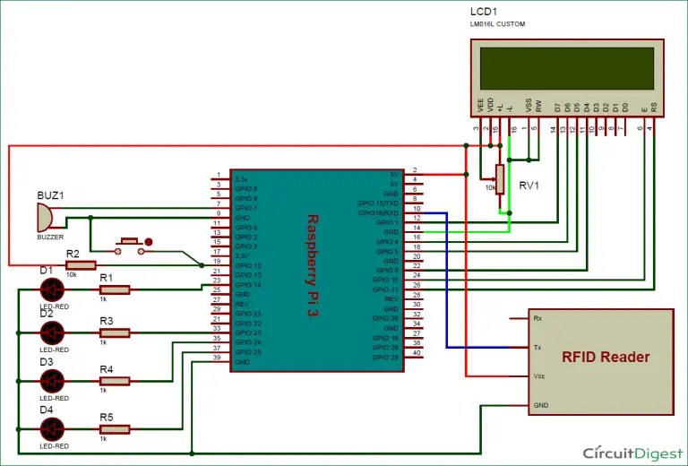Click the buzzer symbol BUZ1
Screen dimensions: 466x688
[43, 215]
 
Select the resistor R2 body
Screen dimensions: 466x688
[81, 265]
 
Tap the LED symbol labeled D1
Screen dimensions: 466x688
[52, 289]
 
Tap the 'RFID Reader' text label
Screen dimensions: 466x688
[605, 358]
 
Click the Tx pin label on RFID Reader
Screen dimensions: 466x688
[537, 347]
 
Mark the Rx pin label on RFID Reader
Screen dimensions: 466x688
[537, 318]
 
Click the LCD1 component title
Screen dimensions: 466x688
[484, 12]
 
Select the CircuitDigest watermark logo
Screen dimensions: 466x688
[628, 453]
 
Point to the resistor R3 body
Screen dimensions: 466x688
[114, 332]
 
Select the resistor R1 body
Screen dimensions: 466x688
[114, 289]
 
